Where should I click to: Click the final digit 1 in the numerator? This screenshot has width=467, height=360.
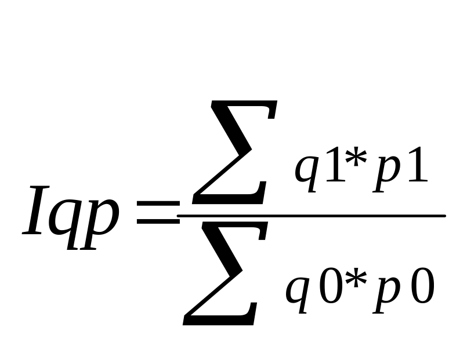pyautogui.click(x=416, y=168)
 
